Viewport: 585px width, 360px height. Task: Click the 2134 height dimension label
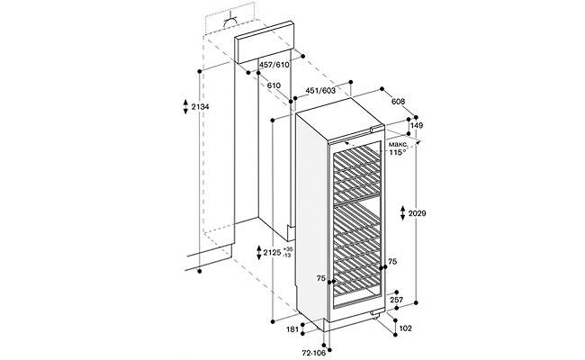(x=200, y=109)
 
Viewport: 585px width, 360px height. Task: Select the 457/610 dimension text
(x=274, y=66)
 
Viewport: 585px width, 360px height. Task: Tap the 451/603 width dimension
(x=321, y=90)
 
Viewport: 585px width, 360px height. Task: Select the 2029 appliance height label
(x=417, y=213)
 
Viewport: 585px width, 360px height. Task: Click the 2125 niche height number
(x=269, y=253)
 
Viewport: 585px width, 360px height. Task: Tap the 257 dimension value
(x=397, y=300)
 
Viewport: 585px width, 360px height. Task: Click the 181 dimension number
(x=292, y=329)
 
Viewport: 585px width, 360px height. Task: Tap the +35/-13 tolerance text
(x=287, y=252)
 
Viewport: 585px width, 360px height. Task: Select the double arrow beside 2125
(x=257, y=253)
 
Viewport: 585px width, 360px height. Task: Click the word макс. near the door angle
(x=398, y=143)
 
